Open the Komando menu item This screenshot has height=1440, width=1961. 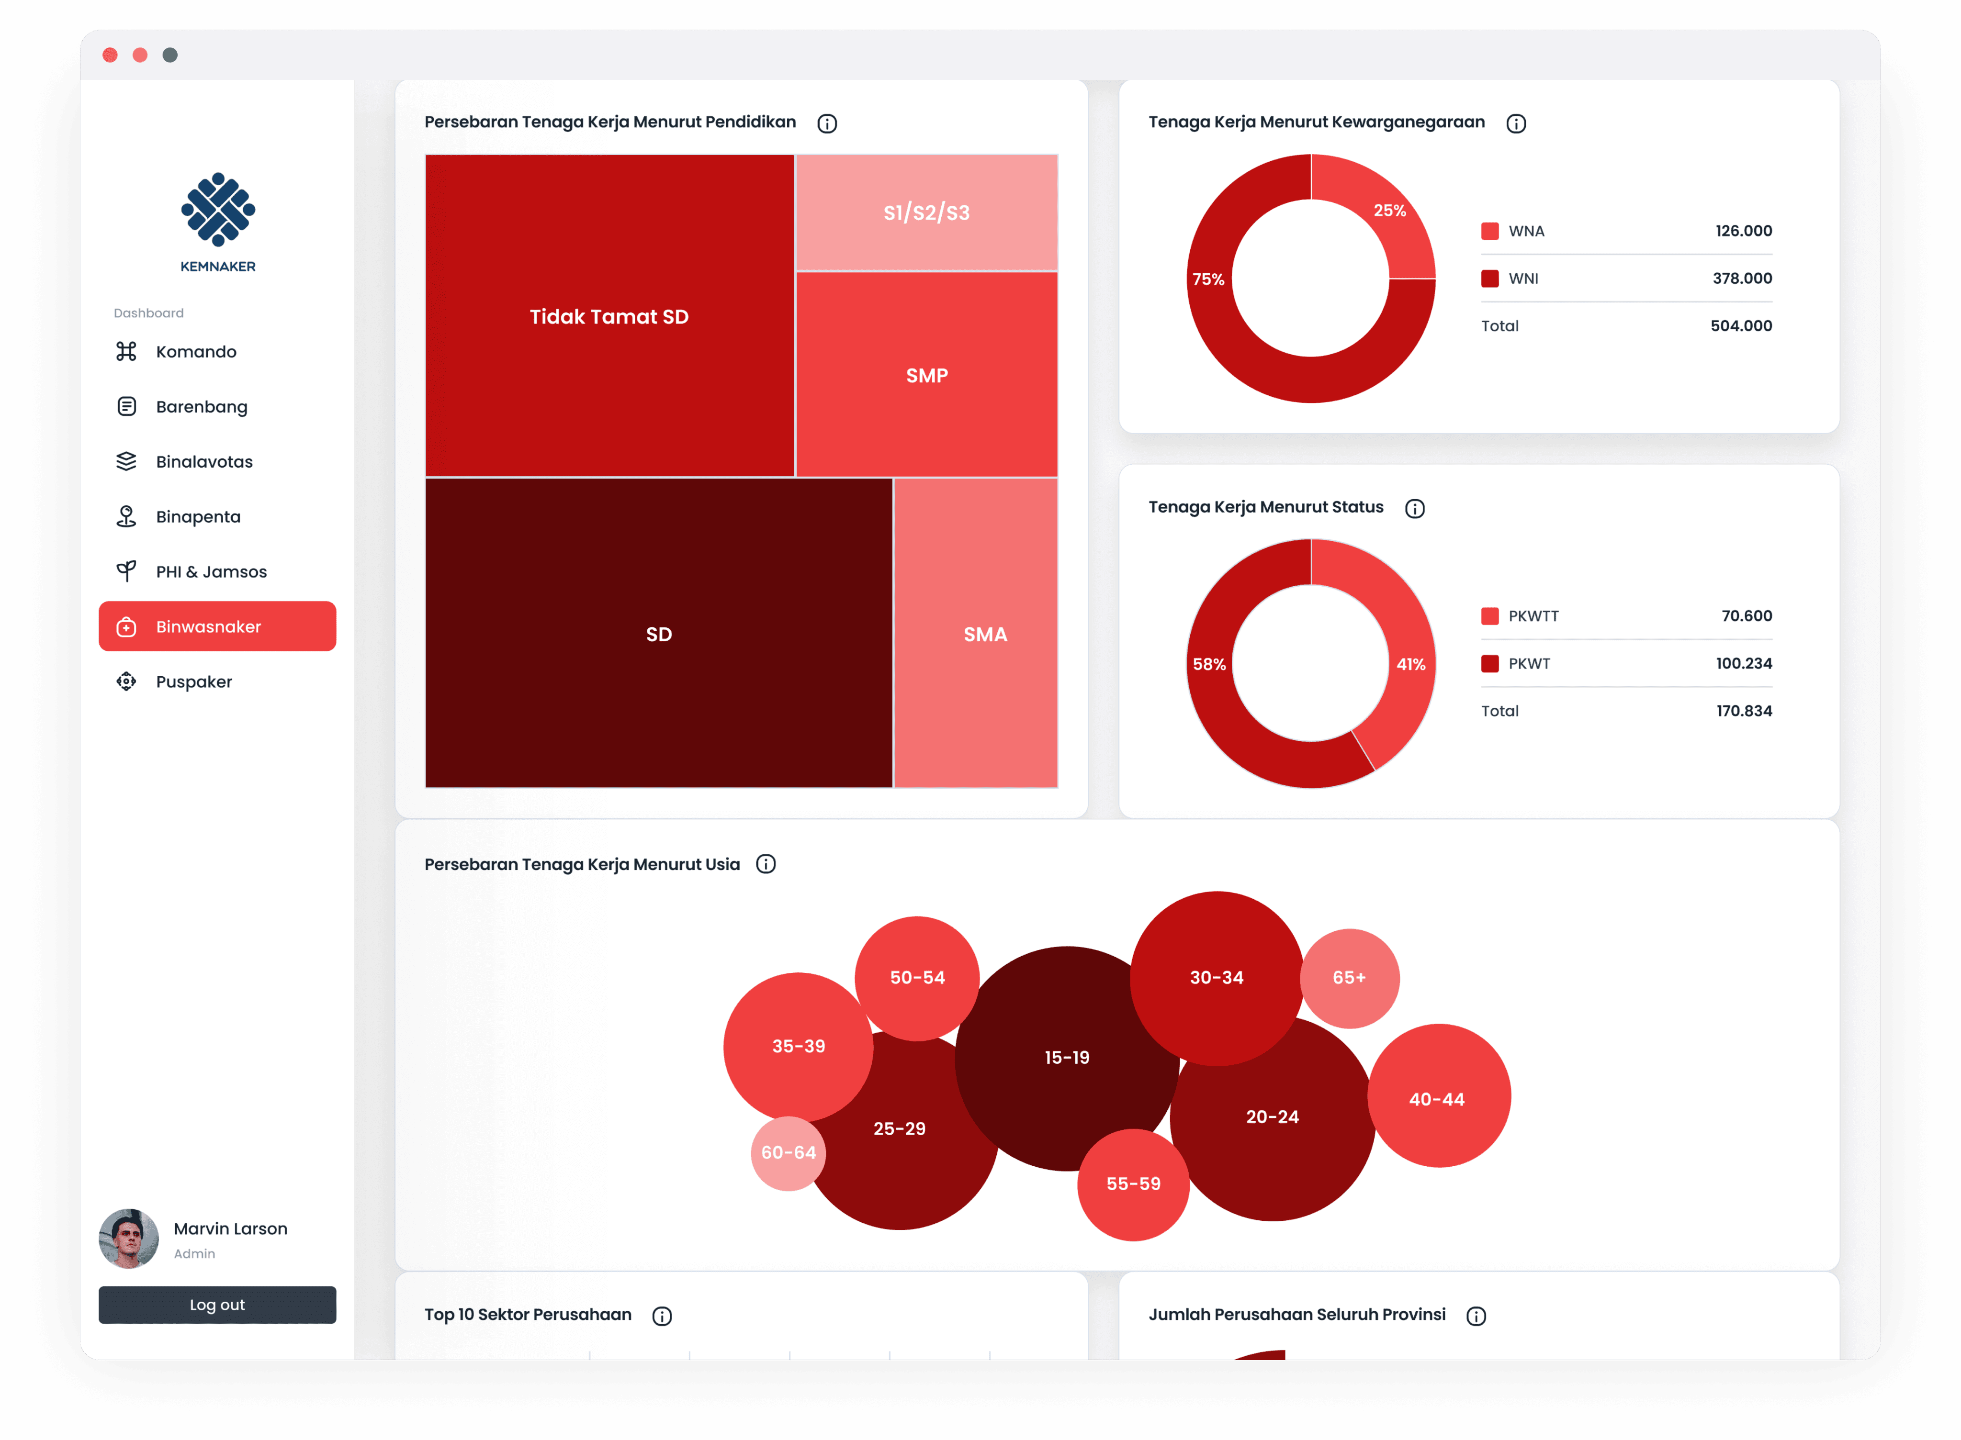coord(195,351)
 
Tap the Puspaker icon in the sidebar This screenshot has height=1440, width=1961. coord(126,681)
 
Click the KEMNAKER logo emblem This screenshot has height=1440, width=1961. coord(218,209)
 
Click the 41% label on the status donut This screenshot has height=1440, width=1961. coord(1411,664)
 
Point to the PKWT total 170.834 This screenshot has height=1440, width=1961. coord(1744,710)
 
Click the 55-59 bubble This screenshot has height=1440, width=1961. coord(1134,1184)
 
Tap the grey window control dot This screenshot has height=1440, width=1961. coord(170,55)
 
